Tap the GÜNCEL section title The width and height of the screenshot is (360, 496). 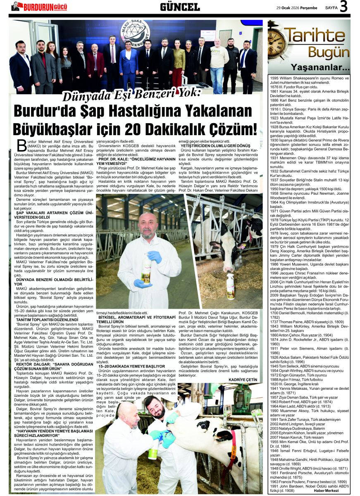tap(180, 7)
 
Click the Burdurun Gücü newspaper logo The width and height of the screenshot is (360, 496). tap(39, 6)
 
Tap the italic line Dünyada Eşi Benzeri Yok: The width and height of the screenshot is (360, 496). tap(131, 95)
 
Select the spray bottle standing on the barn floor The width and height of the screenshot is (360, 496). tap(230, 286)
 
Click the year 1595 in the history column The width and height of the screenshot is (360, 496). tap(275, 78)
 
